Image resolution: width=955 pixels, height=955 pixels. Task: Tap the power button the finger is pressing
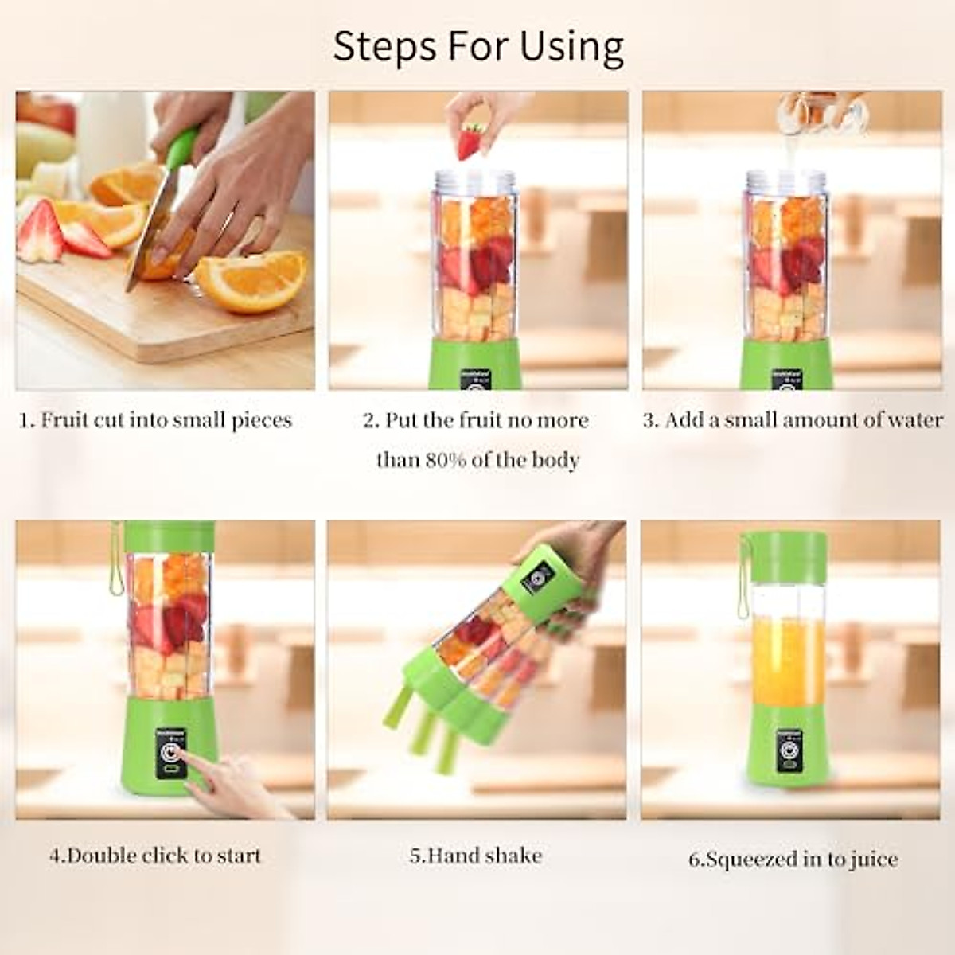click(x=170, y=753)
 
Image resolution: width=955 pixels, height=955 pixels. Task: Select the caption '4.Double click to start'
click(x=155, y=856)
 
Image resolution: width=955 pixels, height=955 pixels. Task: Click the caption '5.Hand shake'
click(x=476, y=856)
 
